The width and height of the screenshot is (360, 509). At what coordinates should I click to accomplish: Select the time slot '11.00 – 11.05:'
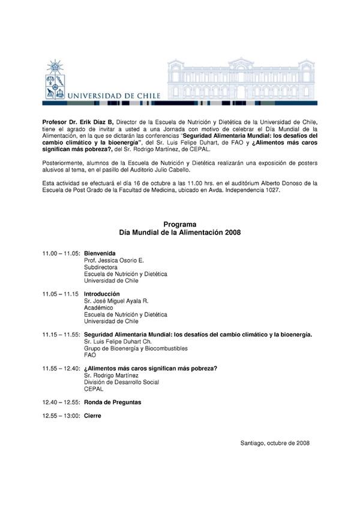pyautogui.click(x=61, y=254)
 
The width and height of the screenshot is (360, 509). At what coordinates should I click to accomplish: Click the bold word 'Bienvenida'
pyautogui.click(x=100, y=254)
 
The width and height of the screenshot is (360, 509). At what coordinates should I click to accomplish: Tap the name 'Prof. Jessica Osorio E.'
pyautogui.click(x=114, y=261)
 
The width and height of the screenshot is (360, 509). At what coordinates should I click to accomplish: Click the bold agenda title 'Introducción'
pyautogui.click(x=102, y=294)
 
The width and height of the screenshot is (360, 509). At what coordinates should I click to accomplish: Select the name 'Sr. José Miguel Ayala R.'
pyautogui.click(x=116, y=301)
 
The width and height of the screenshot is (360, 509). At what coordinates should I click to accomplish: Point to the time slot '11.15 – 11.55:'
pyautogui.click(x=61, y=334)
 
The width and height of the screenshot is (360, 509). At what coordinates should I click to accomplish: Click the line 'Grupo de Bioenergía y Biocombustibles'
pyautogui.click(x=136, y=348)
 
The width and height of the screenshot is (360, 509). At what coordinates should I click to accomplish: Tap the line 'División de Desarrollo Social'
pyautogui.click(x=122, y=382)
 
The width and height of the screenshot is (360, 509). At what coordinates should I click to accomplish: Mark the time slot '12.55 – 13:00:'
pyautogui.click(x=61, y=415)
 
